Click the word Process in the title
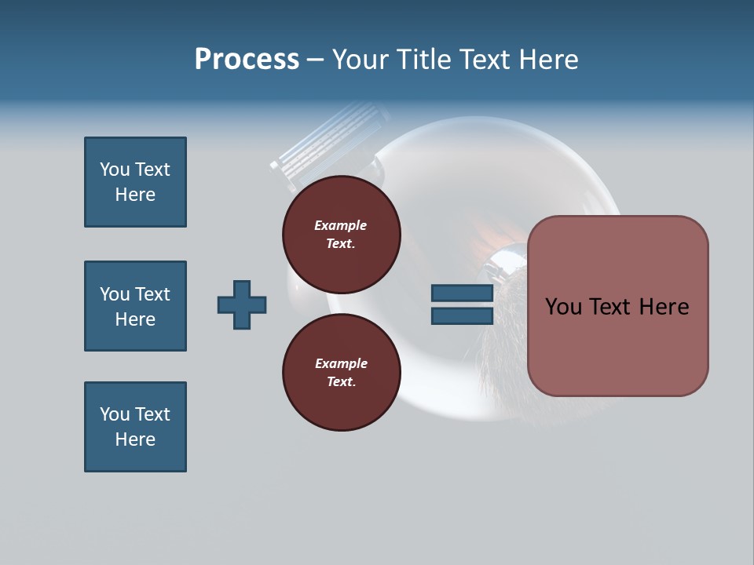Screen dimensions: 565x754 247,60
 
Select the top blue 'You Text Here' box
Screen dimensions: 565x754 135,182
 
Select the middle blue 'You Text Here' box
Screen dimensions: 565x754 135,306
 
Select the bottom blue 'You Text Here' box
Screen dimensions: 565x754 135,427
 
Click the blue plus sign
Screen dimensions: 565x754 242,304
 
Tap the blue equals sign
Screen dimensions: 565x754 462,304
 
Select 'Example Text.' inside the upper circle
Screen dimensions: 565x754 341,234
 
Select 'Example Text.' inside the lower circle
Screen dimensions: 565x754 341,372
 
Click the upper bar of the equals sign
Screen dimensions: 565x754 462,293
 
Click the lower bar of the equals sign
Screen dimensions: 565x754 462,315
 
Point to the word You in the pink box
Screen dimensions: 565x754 564,307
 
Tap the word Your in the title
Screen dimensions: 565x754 361,60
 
